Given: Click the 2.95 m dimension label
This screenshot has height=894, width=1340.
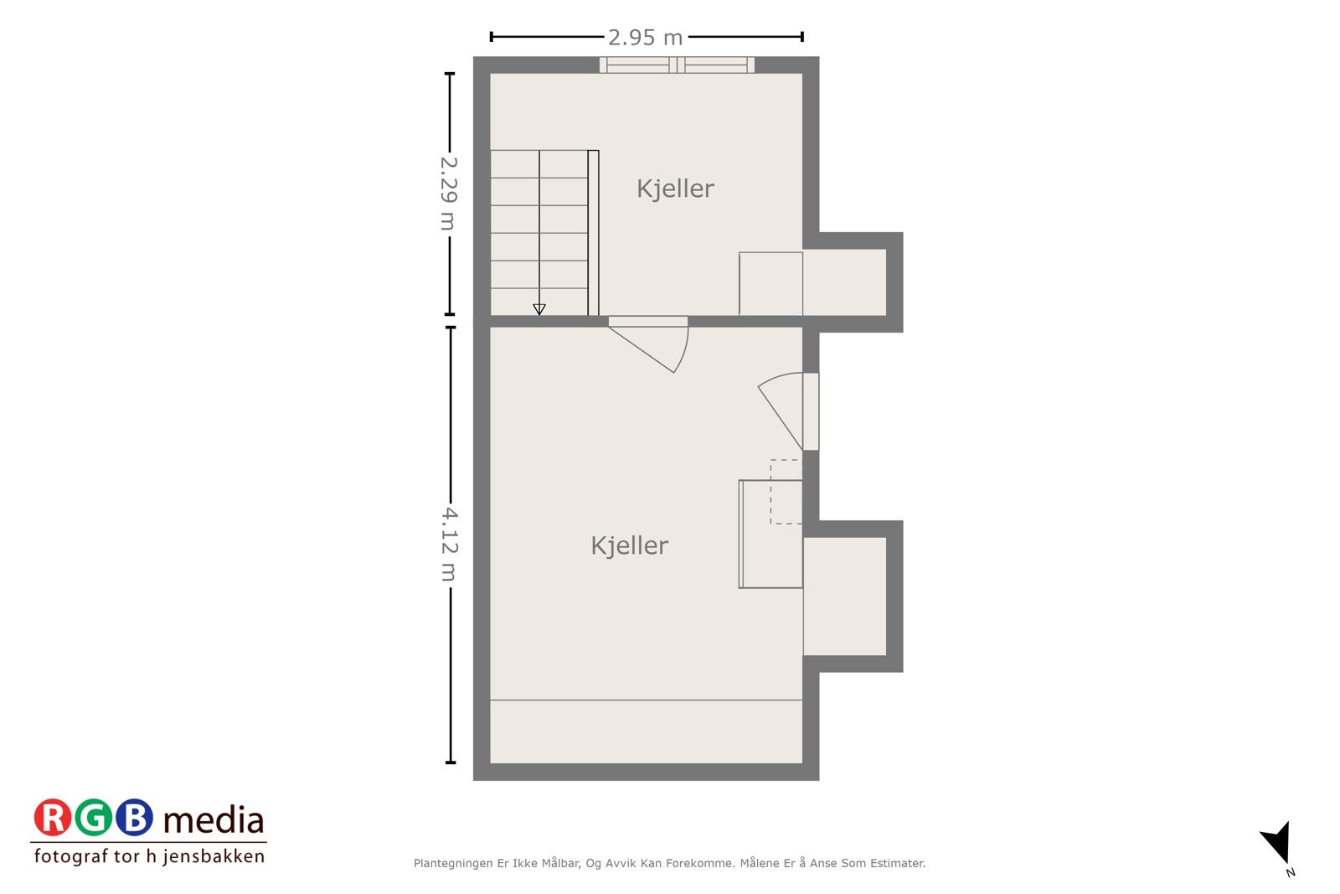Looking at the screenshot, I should [x=645, y=38].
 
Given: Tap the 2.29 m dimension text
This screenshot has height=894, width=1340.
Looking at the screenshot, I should [x=449, y=194].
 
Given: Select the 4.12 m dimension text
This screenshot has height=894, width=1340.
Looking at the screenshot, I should [x=449, y=545].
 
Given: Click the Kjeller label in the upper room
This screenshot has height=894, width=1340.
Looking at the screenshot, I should [x=675, y=189].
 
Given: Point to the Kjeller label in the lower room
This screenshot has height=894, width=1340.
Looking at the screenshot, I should [x=629, y=545].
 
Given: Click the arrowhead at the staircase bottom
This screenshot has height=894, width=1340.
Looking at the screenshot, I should [x=539, y=309].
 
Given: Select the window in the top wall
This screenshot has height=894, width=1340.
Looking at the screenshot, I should [x=677, y=65].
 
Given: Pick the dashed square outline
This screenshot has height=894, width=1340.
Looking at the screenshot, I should [x=786, y=492].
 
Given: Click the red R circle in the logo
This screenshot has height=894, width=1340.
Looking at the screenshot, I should [x=53, y=819].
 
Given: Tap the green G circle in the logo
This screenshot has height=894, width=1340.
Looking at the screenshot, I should [x=93, y=819].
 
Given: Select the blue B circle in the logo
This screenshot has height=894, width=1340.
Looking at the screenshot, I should [x=134, y=819].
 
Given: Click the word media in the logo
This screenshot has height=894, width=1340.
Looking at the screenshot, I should [x=214, y=820].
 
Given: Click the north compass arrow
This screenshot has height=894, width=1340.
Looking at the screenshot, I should [x=1277, y=841].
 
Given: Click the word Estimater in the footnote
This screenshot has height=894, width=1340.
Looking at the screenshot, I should [x=897, y=863].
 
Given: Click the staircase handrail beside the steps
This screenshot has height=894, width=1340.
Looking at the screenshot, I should [x=593, y=233].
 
